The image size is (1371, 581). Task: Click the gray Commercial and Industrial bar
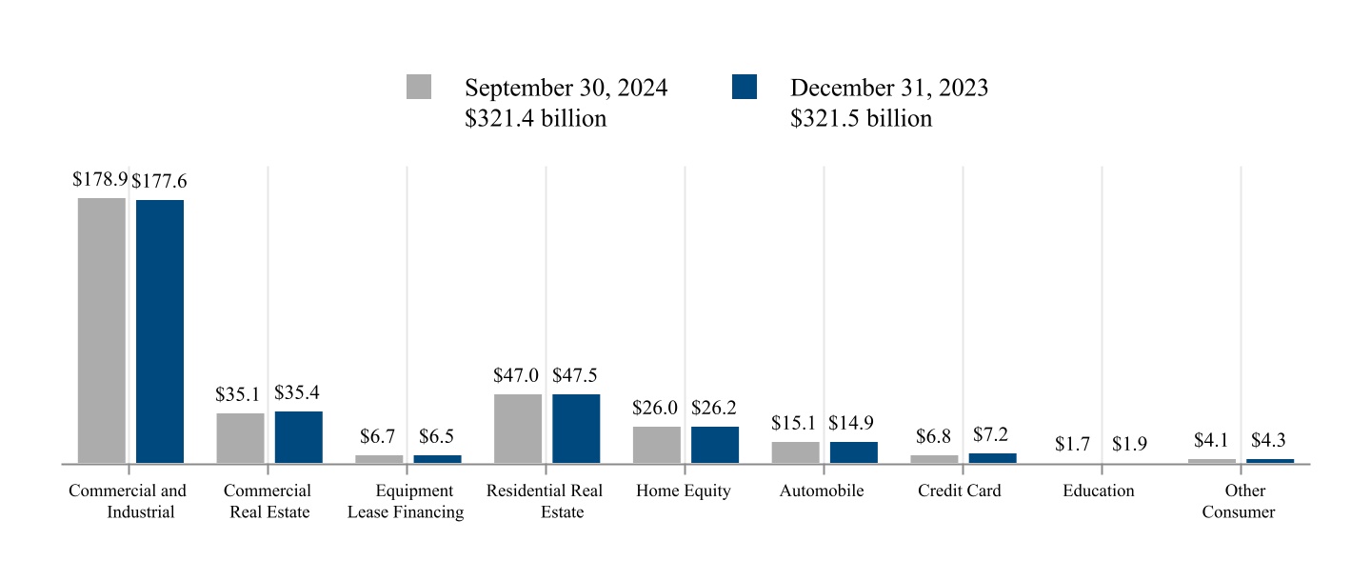click(102, 331)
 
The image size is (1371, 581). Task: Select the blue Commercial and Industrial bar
click(160, 331)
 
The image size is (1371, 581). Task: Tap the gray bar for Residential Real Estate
click(518, 429)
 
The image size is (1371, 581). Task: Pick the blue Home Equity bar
click(715, 445)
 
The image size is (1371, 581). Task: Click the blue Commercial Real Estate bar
click(299, 437)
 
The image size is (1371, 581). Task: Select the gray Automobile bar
click(796, 452)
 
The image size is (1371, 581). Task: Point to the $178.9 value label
click(100, 179)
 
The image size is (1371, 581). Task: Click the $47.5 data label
click(575, 375)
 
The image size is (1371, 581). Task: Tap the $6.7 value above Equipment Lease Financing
click(377, 436)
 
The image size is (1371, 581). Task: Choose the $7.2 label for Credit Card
click(990, 434)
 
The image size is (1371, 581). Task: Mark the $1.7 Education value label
click(1072, 444)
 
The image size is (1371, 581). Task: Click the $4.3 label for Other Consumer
click(1268, 440)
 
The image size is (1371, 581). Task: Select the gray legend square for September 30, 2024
click(419, 87)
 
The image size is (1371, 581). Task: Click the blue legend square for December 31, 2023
click(745, 87)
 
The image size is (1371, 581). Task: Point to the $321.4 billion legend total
click(535, 119)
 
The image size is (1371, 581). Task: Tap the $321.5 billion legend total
click(861, 119)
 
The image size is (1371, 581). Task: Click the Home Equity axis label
click(684, 491)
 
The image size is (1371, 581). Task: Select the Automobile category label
click(822, 491)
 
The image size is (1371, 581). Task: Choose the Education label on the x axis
click(1099, 491)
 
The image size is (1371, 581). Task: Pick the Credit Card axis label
click(960, 491)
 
